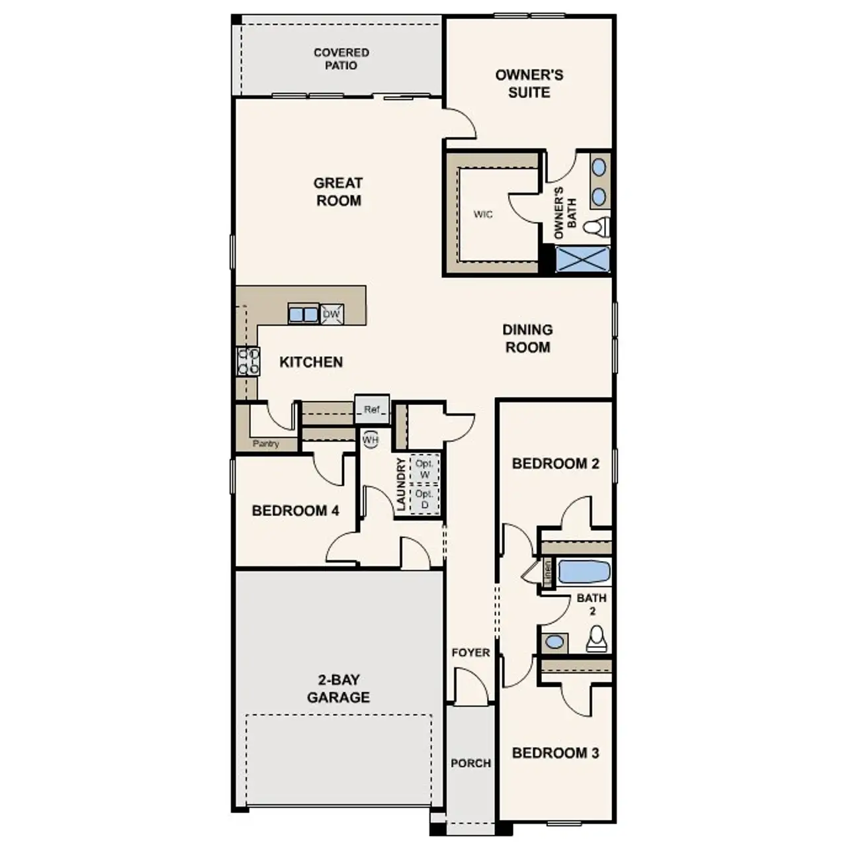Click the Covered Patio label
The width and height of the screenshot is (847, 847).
point(341,59)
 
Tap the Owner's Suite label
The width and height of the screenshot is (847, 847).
point(529,83)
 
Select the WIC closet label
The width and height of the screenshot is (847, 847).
point(483,214)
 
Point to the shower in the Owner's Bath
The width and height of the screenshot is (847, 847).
point(582,259)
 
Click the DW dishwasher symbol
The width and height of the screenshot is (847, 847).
point(332,314)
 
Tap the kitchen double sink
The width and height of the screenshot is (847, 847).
point(303,314)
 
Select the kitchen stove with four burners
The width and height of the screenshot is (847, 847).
point(248,361)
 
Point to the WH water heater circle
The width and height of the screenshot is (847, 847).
point(370,439)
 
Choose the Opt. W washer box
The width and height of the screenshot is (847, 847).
point(424,469)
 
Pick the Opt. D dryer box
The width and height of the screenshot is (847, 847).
point(424,500)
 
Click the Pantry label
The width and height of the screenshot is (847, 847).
point(265,444)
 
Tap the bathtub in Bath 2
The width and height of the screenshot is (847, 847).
point(584,572)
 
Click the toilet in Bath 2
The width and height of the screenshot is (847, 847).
point(597,639)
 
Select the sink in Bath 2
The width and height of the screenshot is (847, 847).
point(555,642)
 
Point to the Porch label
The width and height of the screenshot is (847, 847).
point(470,763)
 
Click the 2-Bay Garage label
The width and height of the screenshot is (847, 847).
point(338,688)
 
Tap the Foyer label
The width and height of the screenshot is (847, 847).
point(470,652)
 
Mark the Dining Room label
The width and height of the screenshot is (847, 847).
point(527,338)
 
